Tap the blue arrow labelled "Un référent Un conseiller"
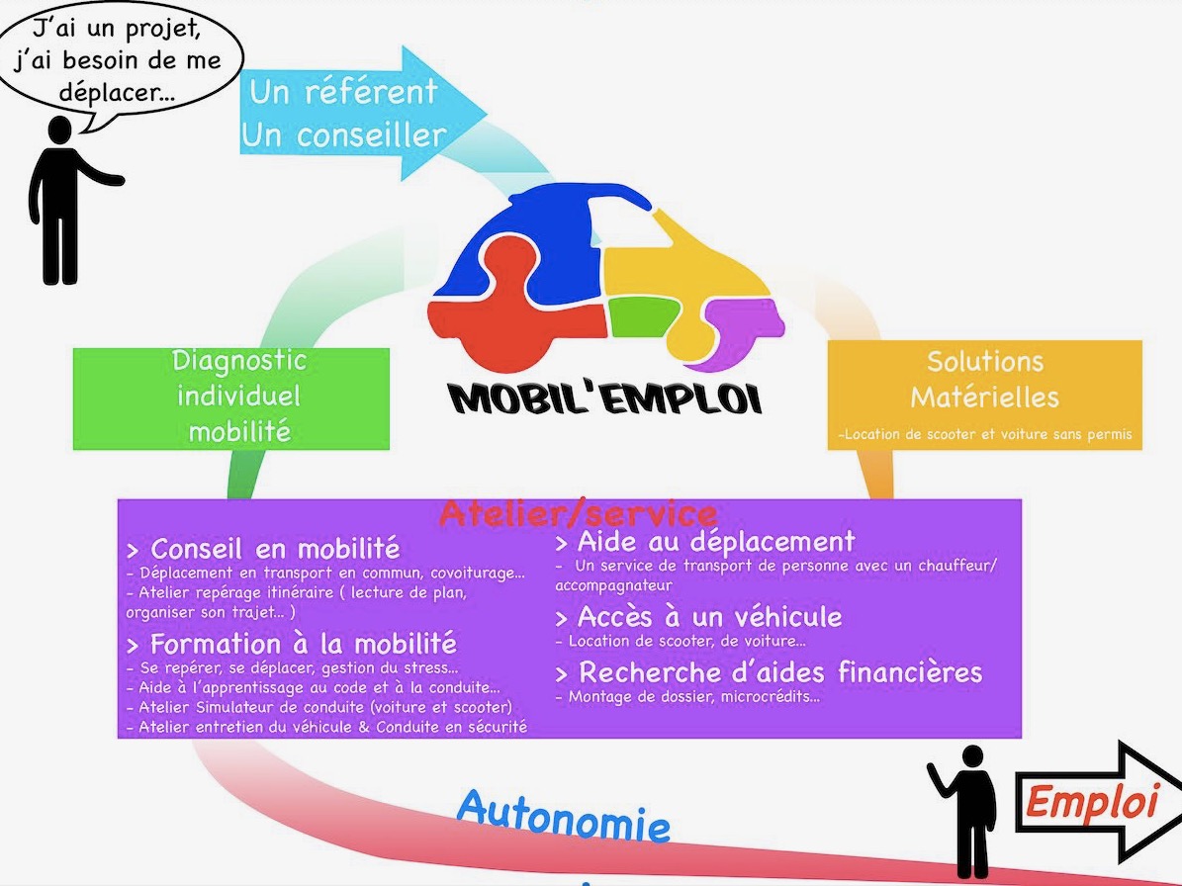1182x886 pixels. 362,113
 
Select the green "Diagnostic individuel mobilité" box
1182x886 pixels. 231,399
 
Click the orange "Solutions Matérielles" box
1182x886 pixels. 984,396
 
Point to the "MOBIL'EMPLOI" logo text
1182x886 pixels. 604,398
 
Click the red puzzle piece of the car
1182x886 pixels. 512,316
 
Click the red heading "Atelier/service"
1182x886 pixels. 579,514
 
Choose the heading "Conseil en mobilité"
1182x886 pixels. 264,548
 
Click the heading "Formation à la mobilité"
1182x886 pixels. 292,644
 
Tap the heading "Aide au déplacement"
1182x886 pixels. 705,541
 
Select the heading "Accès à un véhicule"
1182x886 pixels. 698,617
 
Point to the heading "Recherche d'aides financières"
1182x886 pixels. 769,671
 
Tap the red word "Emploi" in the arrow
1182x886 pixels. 1091,801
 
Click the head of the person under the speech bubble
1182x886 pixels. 59,130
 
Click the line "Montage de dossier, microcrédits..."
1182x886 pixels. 687,697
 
